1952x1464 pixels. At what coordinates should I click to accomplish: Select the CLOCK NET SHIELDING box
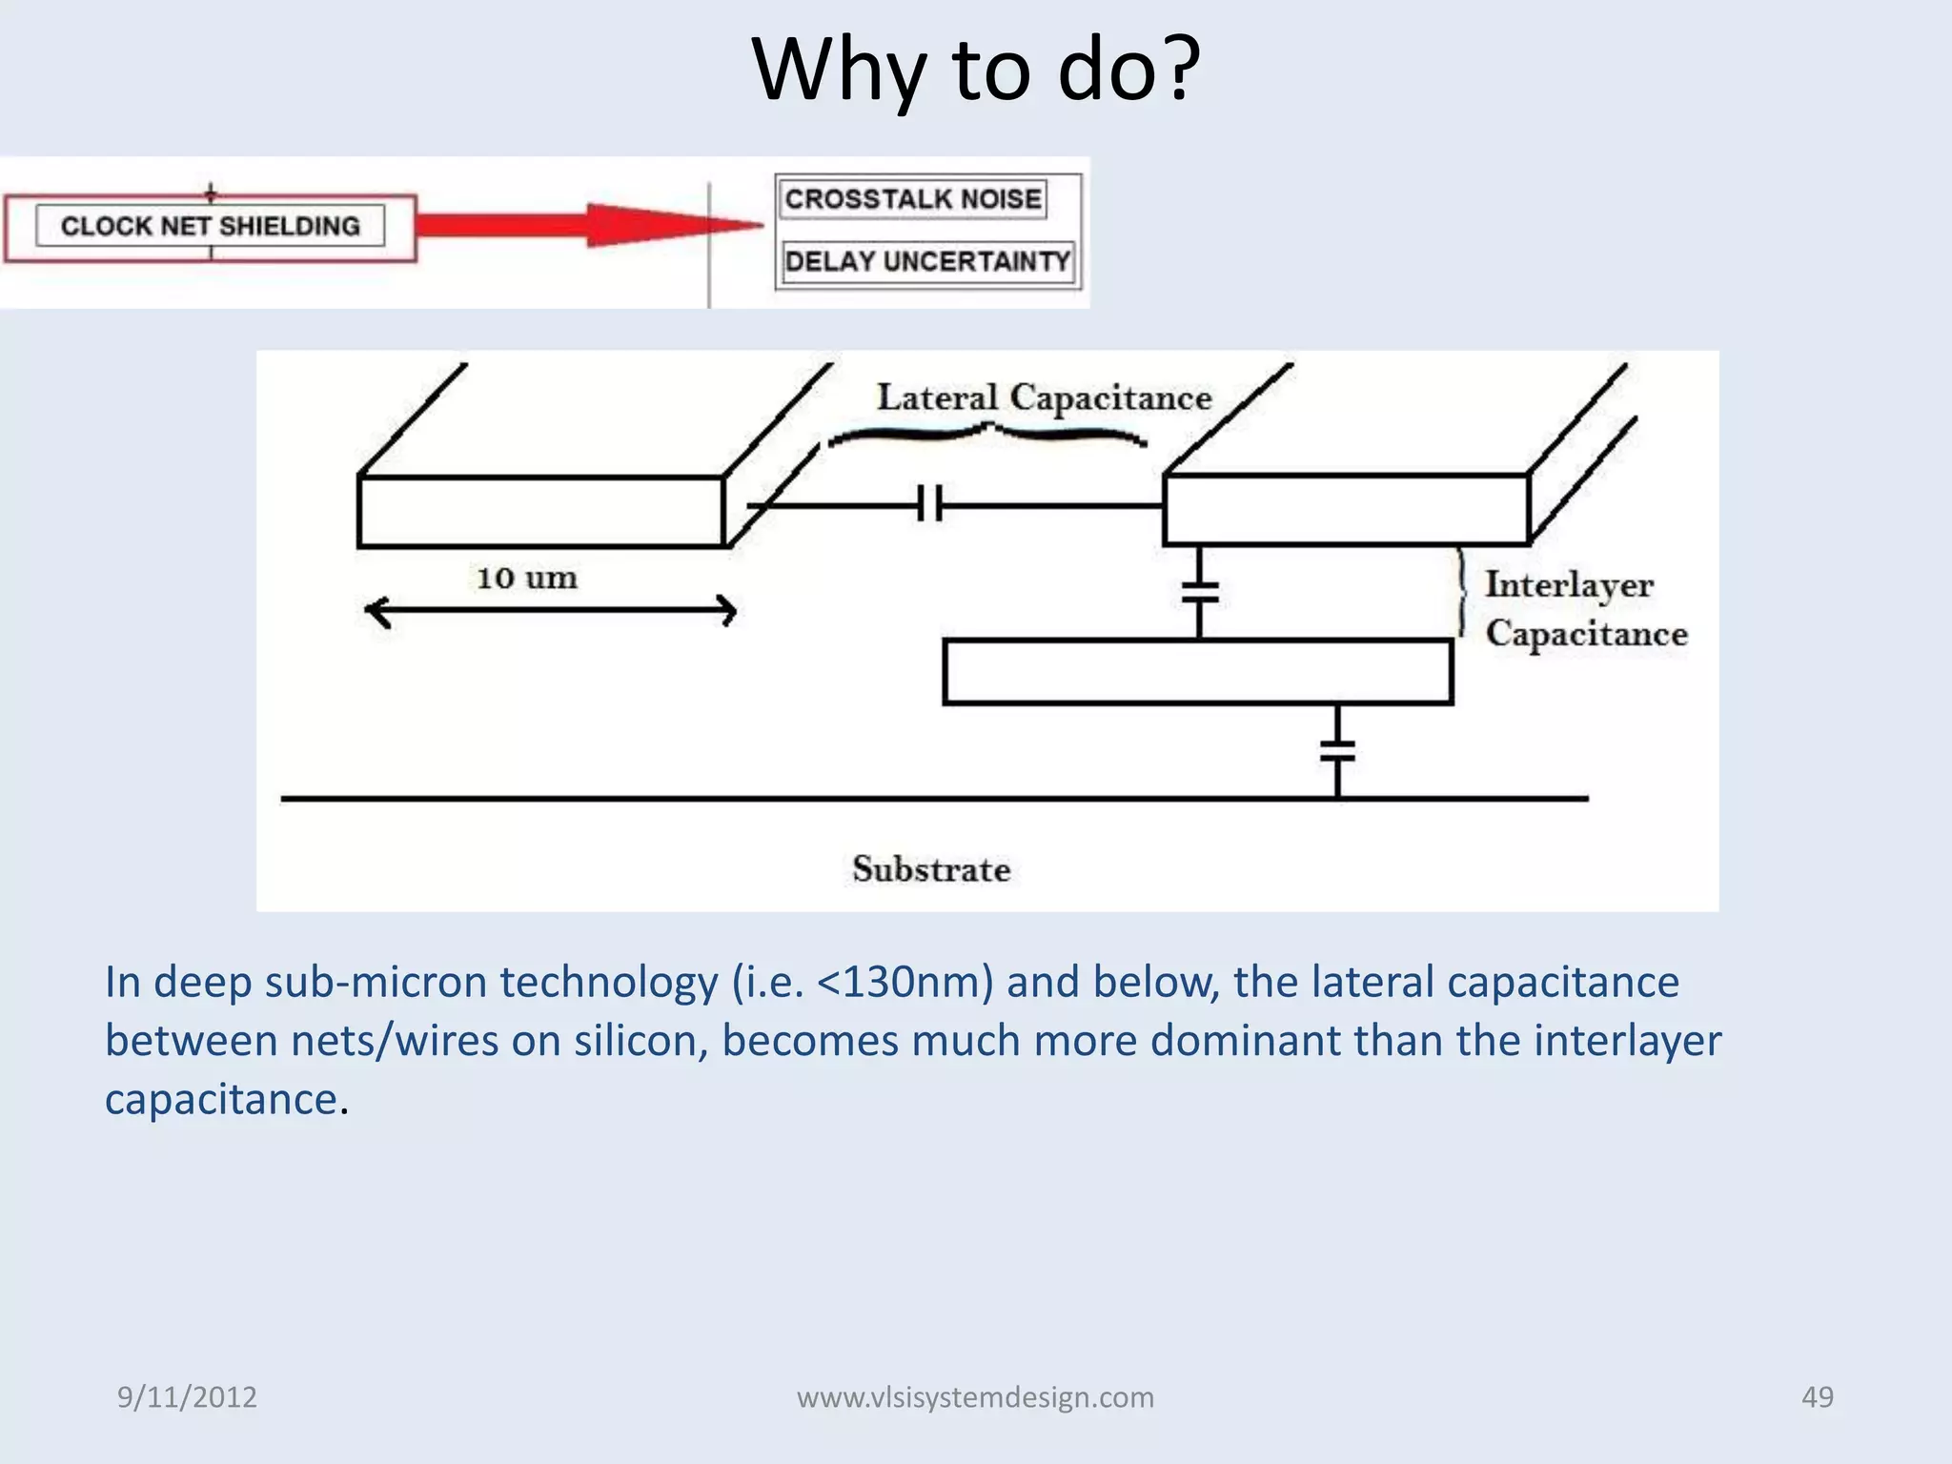[210, 227]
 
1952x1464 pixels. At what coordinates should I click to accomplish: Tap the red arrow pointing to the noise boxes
[591, 226]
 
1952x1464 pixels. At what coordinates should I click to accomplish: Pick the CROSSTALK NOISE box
[912, 199]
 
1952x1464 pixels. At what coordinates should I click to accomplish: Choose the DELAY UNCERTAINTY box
[926, 261]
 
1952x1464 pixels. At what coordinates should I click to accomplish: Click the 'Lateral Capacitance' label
[1044, 397]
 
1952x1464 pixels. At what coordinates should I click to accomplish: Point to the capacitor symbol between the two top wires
[930, 504]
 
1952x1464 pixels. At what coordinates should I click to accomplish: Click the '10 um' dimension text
[526, 578]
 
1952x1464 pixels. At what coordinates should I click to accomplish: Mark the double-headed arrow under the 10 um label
[550, 611]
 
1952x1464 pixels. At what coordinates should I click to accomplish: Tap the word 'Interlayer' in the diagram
[1569, 584]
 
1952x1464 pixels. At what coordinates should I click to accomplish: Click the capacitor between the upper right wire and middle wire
[1199, 592]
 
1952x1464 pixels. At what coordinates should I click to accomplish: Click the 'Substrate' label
[930, 869]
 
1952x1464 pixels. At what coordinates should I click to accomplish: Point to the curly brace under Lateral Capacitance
[986, 435]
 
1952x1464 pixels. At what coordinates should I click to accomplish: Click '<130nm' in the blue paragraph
[905, 983]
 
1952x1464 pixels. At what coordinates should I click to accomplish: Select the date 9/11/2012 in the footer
[187, 1397]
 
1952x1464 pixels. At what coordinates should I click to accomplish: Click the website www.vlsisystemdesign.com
[975, 1397]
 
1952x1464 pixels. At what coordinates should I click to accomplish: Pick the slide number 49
[1817, 1397]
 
